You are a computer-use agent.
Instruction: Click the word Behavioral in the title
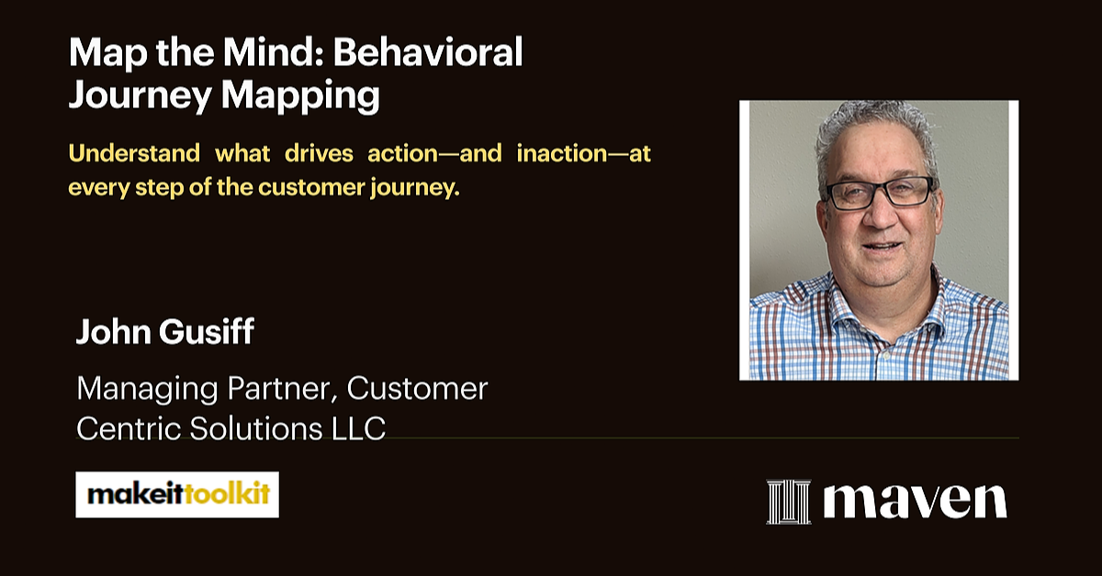(x=428, y=54)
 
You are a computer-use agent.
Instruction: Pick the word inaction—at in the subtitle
(x=584, y=153)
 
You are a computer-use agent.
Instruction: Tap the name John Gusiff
(x=165, y=333)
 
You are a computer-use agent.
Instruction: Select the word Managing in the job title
(x=142, y=389)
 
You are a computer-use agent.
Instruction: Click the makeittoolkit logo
(x=177, y=494)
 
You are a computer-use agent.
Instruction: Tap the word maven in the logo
(x=915, y=500)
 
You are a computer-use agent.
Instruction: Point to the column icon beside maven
(x=789, y=502)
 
